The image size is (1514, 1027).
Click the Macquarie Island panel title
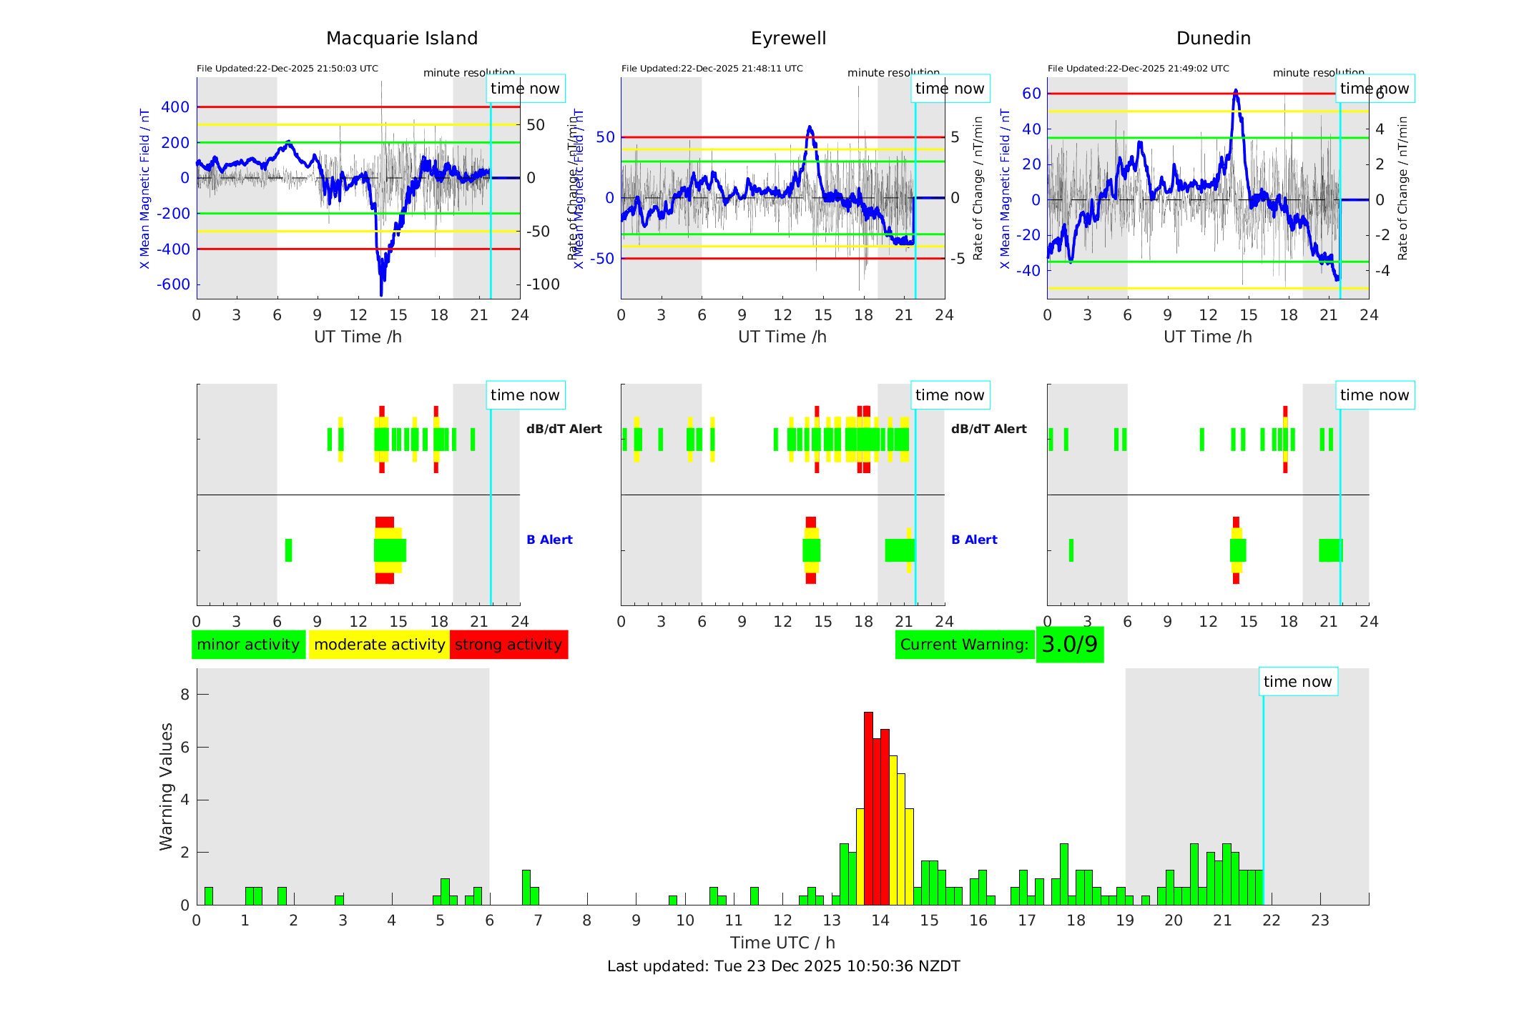tap(402, 39)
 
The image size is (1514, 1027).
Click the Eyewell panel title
tap(788, 39)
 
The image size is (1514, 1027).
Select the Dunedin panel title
tap(1213, 39)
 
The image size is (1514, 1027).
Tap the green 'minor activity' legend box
tap(248, 645)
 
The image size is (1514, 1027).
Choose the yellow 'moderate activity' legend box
tap(379, 645)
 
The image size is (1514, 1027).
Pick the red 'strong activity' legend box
tap(508, 645)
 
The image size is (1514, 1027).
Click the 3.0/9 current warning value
tap(1069, 645)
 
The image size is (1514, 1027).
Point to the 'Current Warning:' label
tap(964, 645)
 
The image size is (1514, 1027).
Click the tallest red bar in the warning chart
tap(868, 808)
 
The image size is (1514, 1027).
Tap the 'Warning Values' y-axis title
tap(167, 786)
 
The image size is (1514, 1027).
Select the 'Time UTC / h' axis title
tap(782, 943)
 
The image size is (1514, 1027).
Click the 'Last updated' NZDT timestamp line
tap(783, 966)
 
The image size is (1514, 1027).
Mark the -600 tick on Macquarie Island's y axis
tap(174, 284)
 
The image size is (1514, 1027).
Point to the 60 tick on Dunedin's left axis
tap(1031, 94)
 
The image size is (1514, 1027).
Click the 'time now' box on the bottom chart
tap(1297, 682)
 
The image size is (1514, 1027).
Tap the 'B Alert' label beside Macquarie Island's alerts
tap(549, 540)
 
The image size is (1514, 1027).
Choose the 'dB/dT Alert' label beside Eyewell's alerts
tap(988, 429)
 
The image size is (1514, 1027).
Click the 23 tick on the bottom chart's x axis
tap(1319, 921)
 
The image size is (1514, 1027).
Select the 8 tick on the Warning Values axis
tap(185, 694)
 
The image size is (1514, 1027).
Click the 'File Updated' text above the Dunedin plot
tap(1138, 69)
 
